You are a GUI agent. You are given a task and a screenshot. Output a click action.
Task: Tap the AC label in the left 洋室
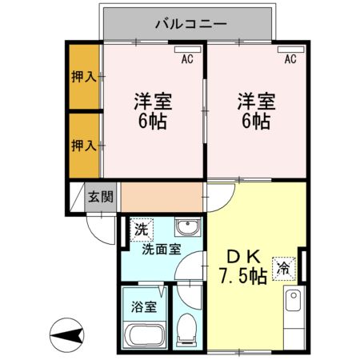tap(187, 58)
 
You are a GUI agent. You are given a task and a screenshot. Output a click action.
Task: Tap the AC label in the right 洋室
tap(290, 58)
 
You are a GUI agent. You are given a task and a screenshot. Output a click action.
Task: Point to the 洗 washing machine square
tap(141, 228)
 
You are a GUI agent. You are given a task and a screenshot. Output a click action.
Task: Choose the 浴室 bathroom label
tap(144, 305)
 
